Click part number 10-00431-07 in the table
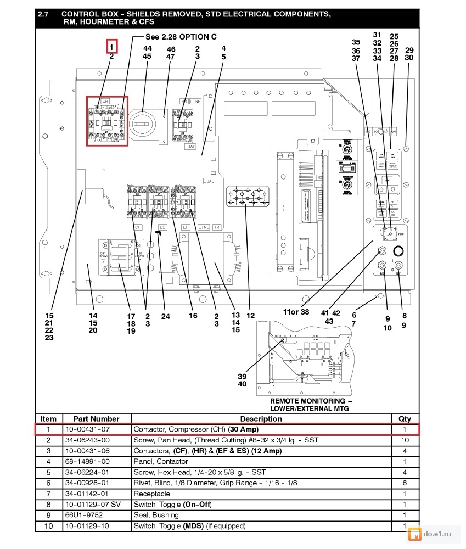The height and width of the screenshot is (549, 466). (87, 429)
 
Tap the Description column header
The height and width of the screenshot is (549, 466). (261, 419)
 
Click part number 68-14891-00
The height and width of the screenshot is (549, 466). (87, 462)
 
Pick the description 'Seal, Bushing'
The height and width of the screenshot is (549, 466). (156, 515)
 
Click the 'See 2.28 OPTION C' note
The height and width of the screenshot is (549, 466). (181, 37)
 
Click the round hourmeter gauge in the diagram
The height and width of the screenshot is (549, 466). (143, 124)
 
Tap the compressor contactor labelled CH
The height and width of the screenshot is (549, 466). (107, 121)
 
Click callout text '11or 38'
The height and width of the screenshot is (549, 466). (296, 312)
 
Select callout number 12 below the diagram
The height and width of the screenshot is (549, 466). (250, 316)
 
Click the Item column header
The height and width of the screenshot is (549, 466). (48, 419)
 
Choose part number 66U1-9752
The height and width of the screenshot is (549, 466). (82, 515)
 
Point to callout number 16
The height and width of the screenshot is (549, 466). (193, 316)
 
